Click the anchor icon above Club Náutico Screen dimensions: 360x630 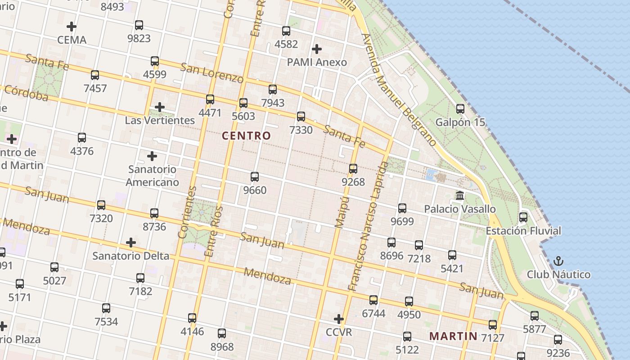coord(558,261)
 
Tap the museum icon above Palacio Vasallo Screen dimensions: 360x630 coord(460,196)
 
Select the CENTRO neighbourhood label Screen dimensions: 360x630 coord(247,135)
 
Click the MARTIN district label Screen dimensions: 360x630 coord(453,336)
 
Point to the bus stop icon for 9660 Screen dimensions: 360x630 coord(255,177)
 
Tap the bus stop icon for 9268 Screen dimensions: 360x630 coord(353,169)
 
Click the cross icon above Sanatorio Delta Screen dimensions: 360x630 coord(131,243)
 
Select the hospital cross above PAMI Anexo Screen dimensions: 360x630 coord(317,49)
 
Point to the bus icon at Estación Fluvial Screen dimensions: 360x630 coord(523,217)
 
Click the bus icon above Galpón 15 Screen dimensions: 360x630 coord(460,109)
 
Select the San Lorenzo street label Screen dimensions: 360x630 coord(211,72)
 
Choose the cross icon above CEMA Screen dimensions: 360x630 coord(71,27)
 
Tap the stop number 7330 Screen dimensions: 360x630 coord(301,130)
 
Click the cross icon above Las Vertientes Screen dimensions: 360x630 coord(159,107)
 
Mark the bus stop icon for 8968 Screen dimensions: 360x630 coord(222,333)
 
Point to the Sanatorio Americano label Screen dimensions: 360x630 coord(152,175)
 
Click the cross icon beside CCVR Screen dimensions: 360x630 coord(339,319)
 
